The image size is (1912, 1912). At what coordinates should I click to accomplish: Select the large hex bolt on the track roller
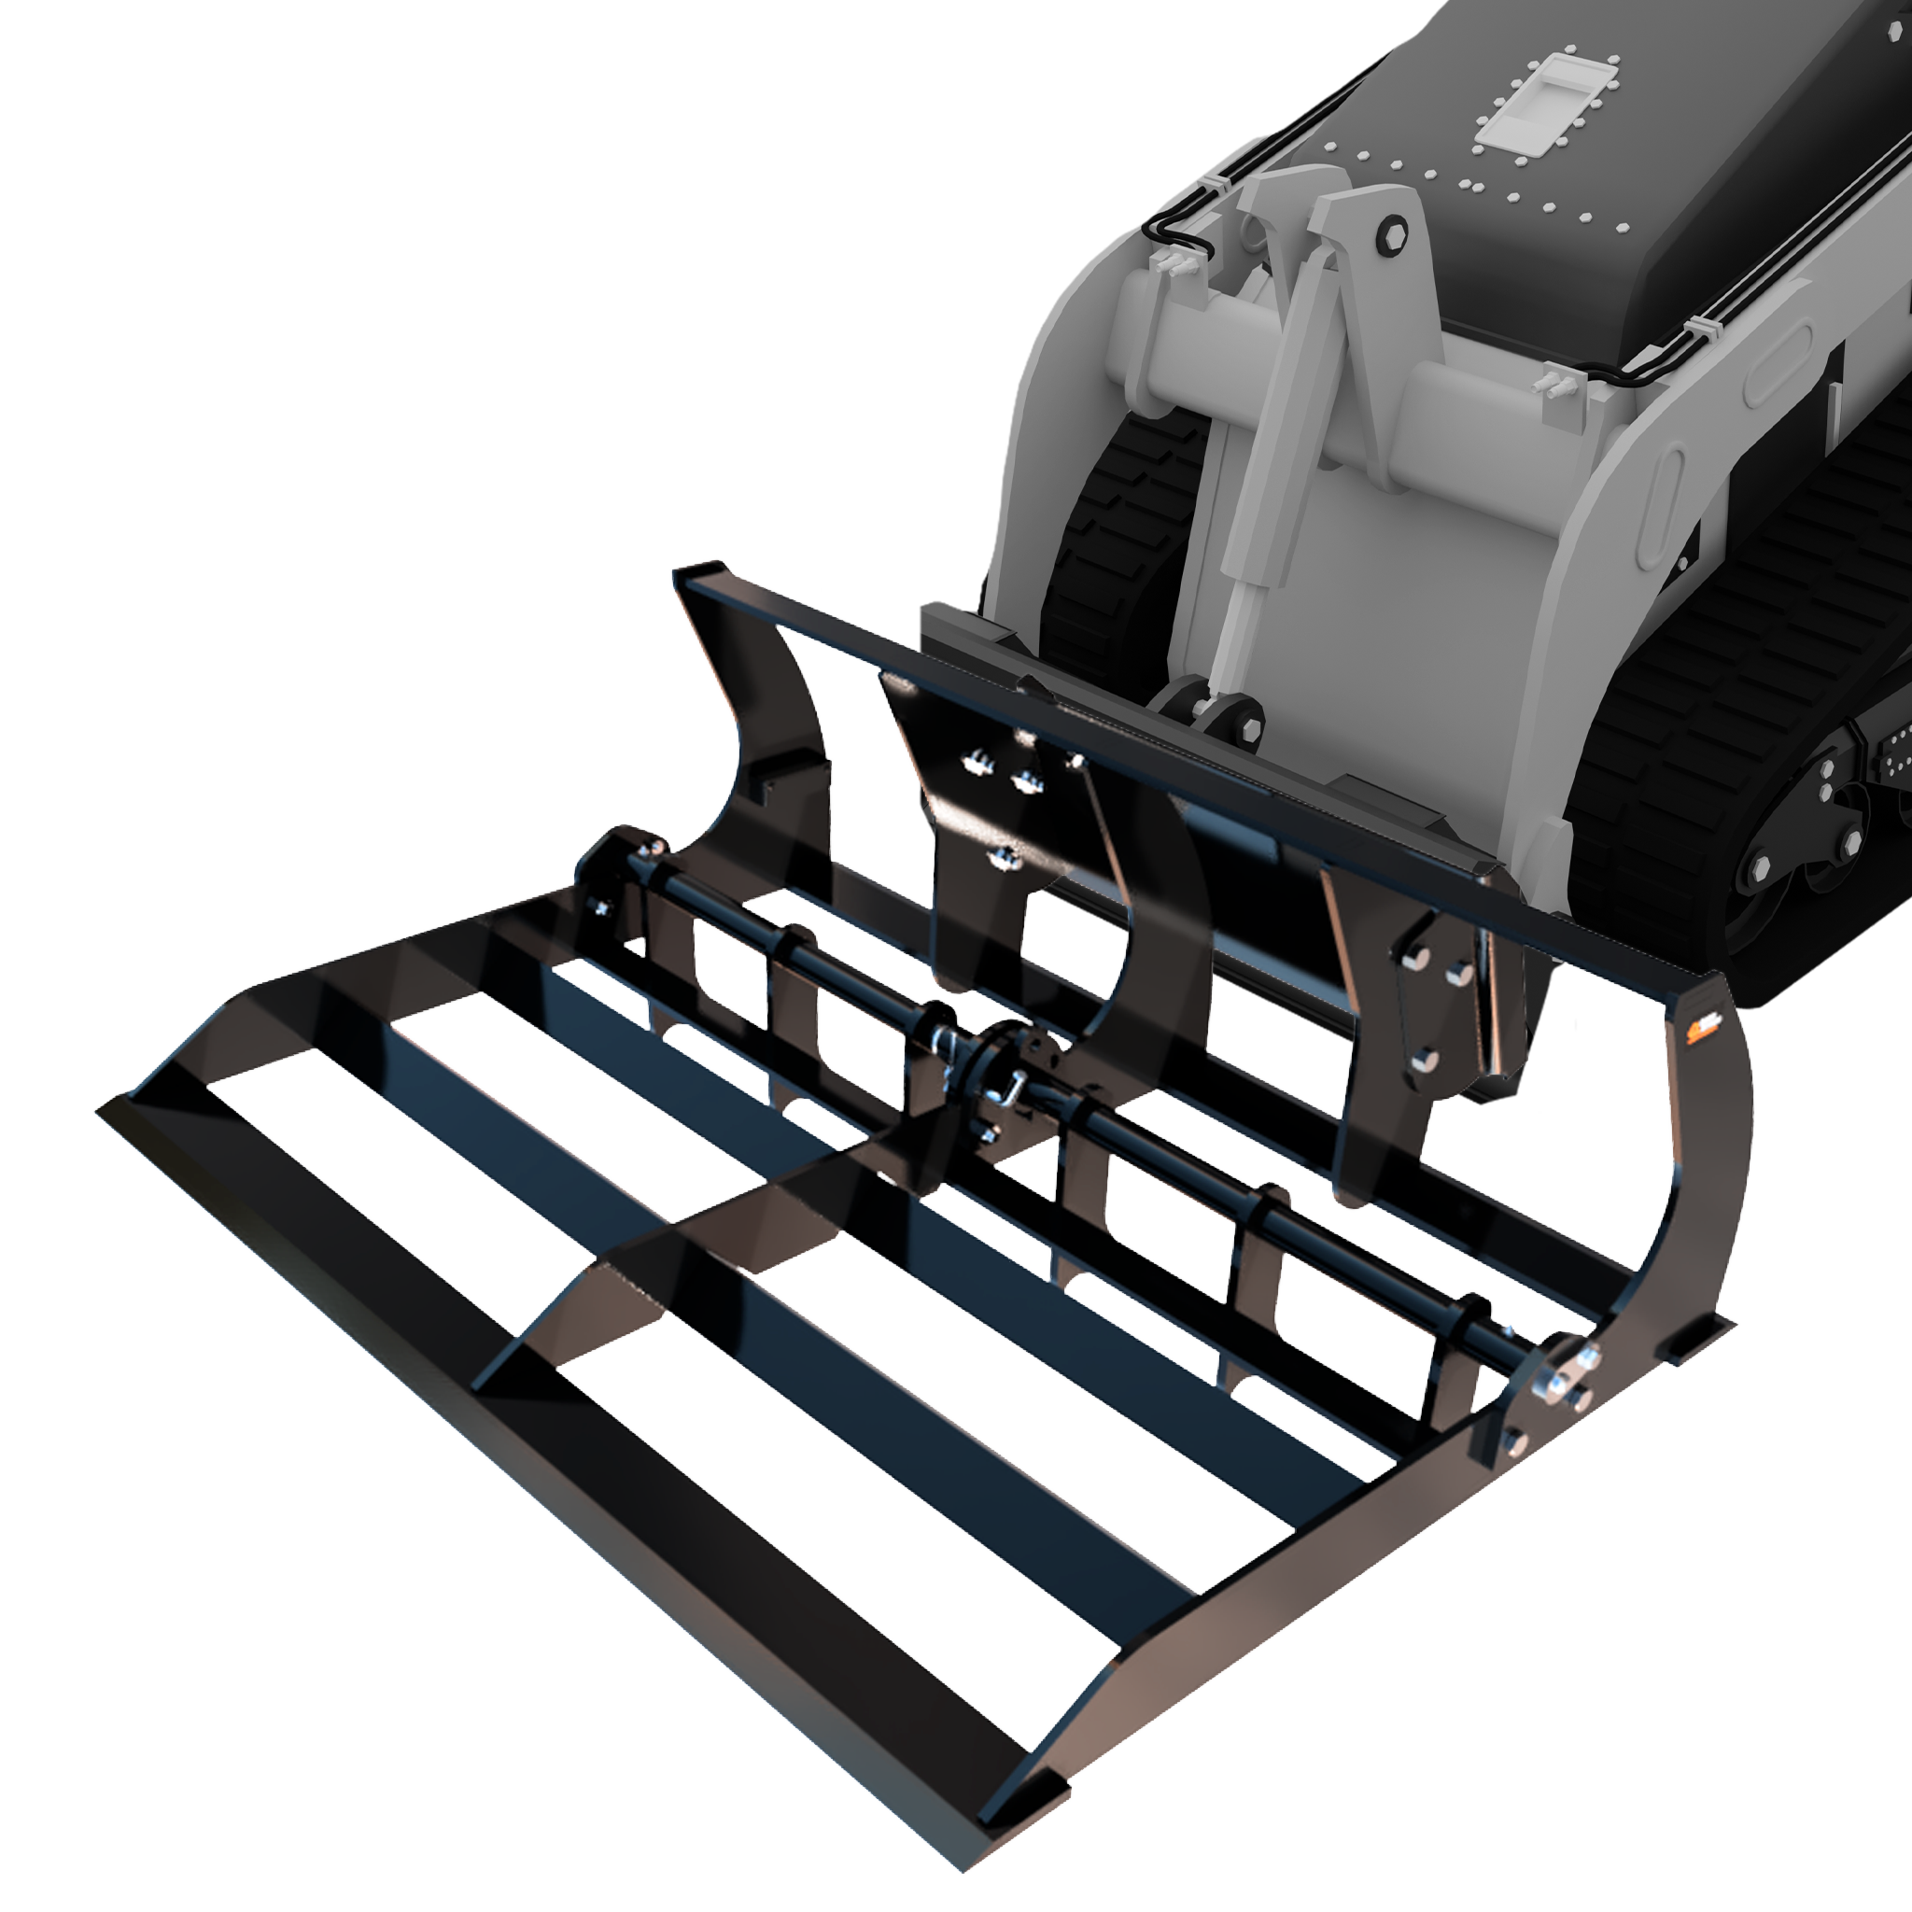(x=1759, y=871)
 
